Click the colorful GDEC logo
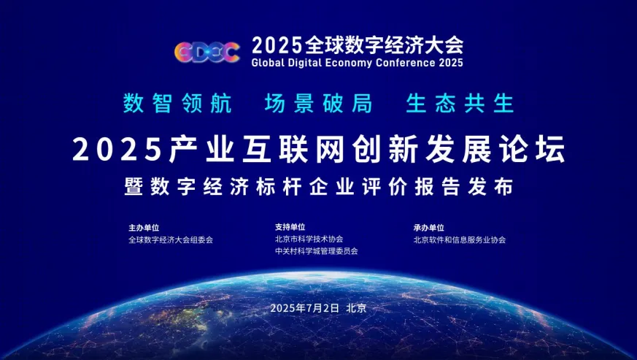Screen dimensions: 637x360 [x=206, y=52]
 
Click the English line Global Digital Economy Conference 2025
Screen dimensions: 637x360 [x=357, y=63]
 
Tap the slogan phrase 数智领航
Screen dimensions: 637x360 [x=177, y=103]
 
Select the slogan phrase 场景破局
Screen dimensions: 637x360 [x=318, y=103]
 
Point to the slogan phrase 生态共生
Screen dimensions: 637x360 [x=460, y=103]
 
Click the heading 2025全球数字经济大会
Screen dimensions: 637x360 [x=358, y=45]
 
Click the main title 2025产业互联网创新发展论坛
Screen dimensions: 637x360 [x=319, y=149]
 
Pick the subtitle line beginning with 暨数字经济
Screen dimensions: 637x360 [x=318, y=187]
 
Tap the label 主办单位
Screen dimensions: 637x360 [x=144, y=228]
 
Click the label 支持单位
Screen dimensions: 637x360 [x=290, y=227]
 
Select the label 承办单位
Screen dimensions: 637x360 [x=428, y=228]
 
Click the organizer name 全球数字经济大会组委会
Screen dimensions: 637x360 [x=171, y=240]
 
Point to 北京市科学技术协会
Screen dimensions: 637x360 [x=309, y=240]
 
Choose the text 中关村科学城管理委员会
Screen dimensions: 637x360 [x=317, y=251]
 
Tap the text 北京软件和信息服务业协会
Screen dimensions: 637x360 [x=460, y=240]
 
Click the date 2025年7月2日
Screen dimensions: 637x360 [x=305, y=308]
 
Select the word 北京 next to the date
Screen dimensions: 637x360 [x=356, y=308]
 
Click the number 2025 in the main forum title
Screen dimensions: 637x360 [x=117, y=150]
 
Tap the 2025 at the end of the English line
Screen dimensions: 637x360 [x=450, y=63]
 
